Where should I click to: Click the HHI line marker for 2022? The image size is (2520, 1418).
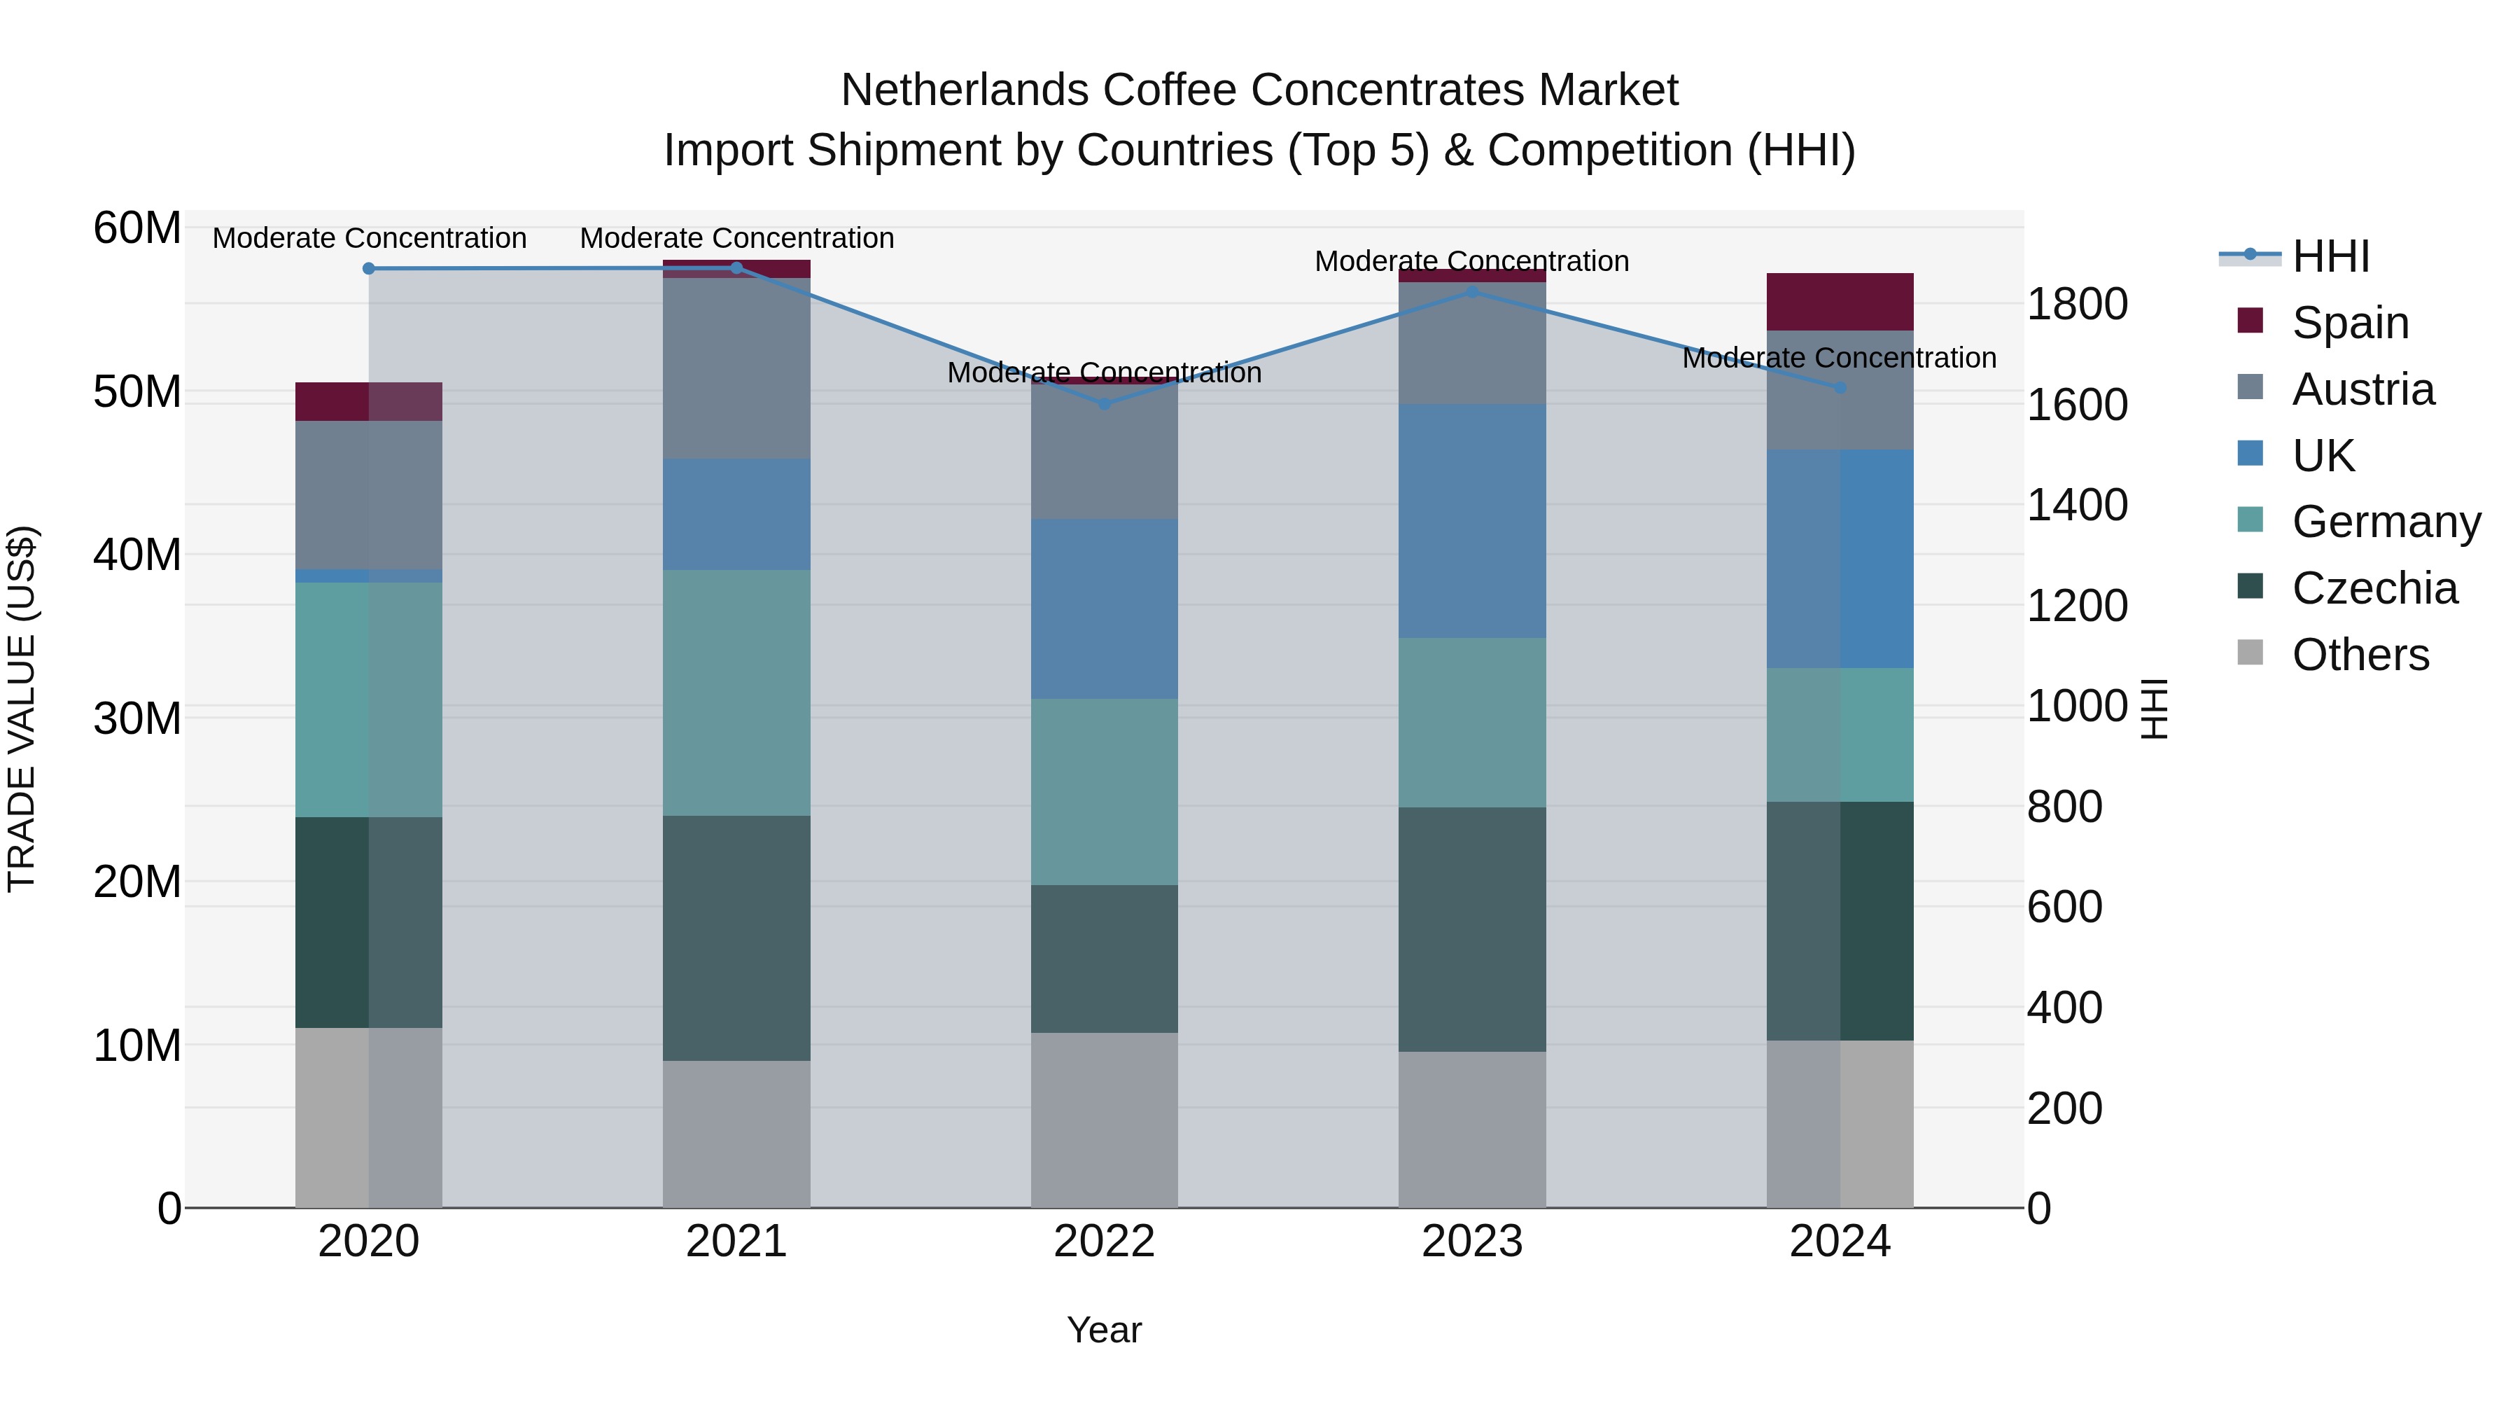tap(1105, 403)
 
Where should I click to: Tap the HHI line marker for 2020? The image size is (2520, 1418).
tap(369, 268)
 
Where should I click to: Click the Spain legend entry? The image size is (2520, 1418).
tap(2350, 323)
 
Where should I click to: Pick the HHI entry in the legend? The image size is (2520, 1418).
tap(2330, 256)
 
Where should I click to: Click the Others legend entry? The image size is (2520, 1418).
tap(2360, 655)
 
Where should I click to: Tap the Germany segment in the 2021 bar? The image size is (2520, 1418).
tap(736, 692)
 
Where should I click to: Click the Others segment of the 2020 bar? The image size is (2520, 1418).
tap(369, 1117)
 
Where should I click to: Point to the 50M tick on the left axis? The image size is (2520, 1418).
tap(137, 391)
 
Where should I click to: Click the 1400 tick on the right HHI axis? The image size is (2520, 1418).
tap(2076, 505)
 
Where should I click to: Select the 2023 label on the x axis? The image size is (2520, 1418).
tap(1471, 1242)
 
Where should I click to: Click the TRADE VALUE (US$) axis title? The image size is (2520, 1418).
tap(22, 709)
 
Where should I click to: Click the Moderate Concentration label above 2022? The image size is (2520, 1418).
tap(1105, 373)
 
